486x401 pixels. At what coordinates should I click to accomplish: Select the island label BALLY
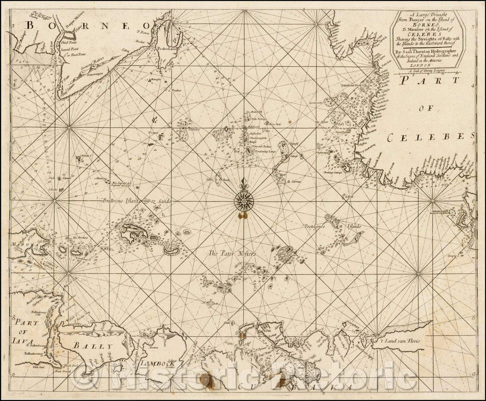96,346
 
